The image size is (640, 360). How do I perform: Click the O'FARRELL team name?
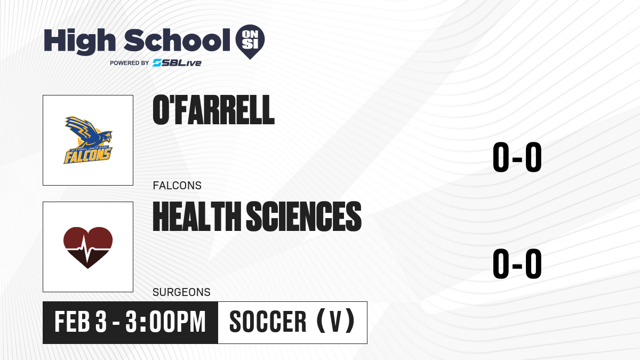tap(213, 110)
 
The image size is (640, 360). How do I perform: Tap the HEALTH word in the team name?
tap(197, 217)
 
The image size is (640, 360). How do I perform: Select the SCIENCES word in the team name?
tap(303, 217)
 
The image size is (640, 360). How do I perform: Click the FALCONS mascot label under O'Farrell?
tap(177, 186)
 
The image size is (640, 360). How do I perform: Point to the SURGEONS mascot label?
tap(181, 292)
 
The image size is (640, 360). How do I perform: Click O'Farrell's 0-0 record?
tap(517, 157)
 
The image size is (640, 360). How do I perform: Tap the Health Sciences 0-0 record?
tap(517, 263)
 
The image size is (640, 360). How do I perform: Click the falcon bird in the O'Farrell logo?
tap(88, 132)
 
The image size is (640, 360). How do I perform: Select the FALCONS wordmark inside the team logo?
tap(87, 156)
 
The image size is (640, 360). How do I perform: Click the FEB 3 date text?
tap(81, 322)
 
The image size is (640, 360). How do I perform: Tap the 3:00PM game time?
tap(166, 322)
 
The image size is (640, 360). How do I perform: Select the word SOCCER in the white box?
tap(268, 322)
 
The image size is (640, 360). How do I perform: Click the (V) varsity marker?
tap(335, 322)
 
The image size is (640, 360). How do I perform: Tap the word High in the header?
tap(79, 42)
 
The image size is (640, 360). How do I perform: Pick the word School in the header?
tap(177, 40)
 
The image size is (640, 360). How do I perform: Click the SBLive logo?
tap(177, 63)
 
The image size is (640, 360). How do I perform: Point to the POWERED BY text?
tap(130, 63)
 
